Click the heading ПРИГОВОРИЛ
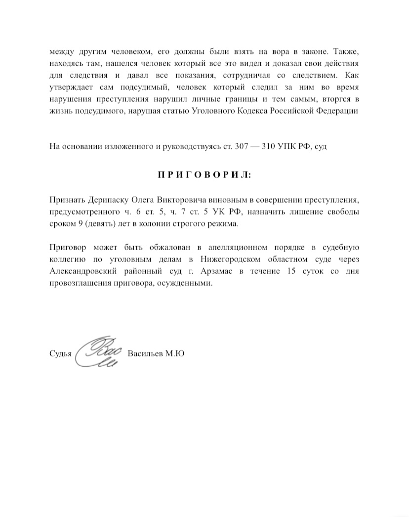[204, 174]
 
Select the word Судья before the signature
[61, 354]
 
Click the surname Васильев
[147, 354]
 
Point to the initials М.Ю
[176, 354]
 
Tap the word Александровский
[82, 272]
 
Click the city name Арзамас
[219, 272]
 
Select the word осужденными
[191, 284]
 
